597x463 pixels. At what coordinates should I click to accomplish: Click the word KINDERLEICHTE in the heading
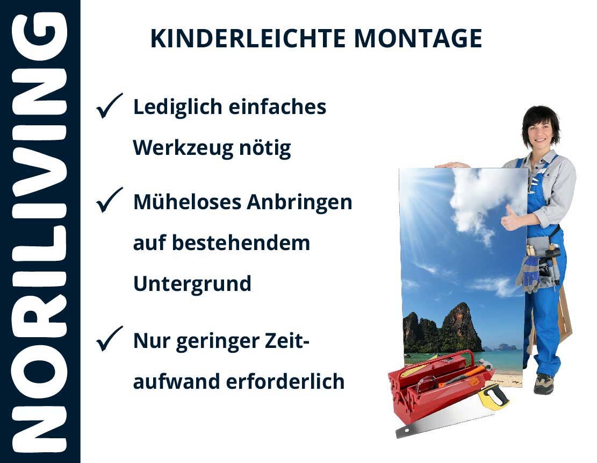click(248, 38)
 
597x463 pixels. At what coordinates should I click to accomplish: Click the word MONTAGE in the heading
click(418, 38)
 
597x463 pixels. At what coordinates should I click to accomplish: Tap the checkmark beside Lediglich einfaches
click(109, 105)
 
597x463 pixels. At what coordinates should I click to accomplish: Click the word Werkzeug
click(183, 148)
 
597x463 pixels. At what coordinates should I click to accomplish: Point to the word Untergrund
click(192, 283)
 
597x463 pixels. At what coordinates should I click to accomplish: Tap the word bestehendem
click(241, 243)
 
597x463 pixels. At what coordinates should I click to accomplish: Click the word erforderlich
click(285, 381)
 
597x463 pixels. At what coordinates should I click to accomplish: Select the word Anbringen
click(299, 202)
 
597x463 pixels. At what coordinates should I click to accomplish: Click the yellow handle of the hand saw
click(493, 396)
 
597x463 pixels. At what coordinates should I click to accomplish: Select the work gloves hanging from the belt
click(529, 273)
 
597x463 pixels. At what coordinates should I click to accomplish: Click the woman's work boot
click(544, 384)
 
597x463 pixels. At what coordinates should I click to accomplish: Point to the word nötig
click(265, 148)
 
